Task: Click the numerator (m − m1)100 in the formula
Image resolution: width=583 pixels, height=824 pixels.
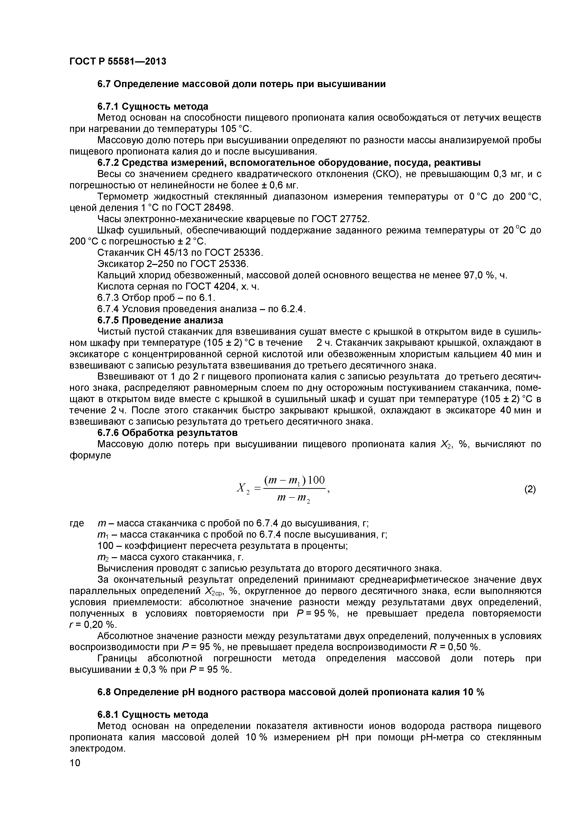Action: (x=294, y=480)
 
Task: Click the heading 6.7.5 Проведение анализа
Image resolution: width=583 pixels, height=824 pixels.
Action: (x=160, y=320)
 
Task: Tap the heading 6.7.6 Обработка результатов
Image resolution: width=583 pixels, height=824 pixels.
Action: (x=167, y=433)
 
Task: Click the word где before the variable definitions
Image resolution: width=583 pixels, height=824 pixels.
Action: (x=76, y=523)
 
